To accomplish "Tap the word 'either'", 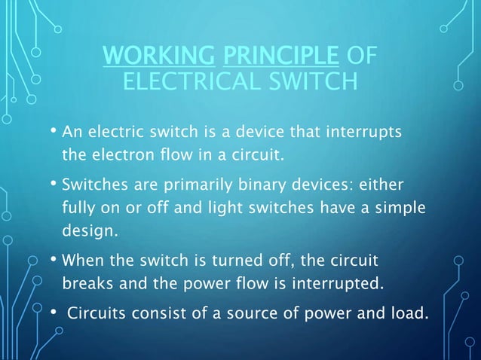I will (382, 184).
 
